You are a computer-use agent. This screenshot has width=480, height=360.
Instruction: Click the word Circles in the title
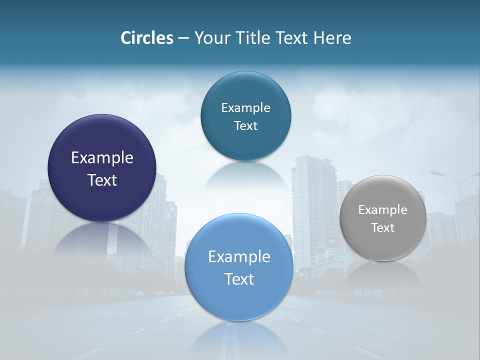click(x=147, y=38)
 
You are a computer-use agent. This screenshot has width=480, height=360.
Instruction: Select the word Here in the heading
click(x=332, y=38)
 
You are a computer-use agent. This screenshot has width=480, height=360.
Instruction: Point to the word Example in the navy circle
click(x=102, y=158)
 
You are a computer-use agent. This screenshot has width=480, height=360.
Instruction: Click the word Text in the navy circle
click(x=102, y=180)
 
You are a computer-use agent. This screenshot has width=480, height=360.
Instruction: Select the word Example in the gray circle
click(x=383, y=210)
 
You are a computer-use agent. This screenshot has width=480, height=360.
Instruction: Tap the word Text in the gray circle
click(x=383, y=228)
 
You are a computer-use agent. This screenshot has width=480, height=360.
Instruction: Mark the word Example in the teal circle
click(x=245, y=108)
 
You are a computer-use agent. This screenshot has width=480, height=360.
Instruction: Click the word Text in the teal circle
click(x=245, y=126)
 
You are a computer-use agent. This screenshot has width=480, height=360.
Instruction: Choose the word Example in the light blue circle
click(x=239, y=257)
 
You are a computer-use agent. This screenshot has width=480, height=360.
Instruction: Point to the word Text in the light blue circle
click(x=239, y=279)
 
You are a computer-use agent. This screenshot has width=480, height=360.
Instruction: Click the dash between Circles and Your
click(x=183, y=38)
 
